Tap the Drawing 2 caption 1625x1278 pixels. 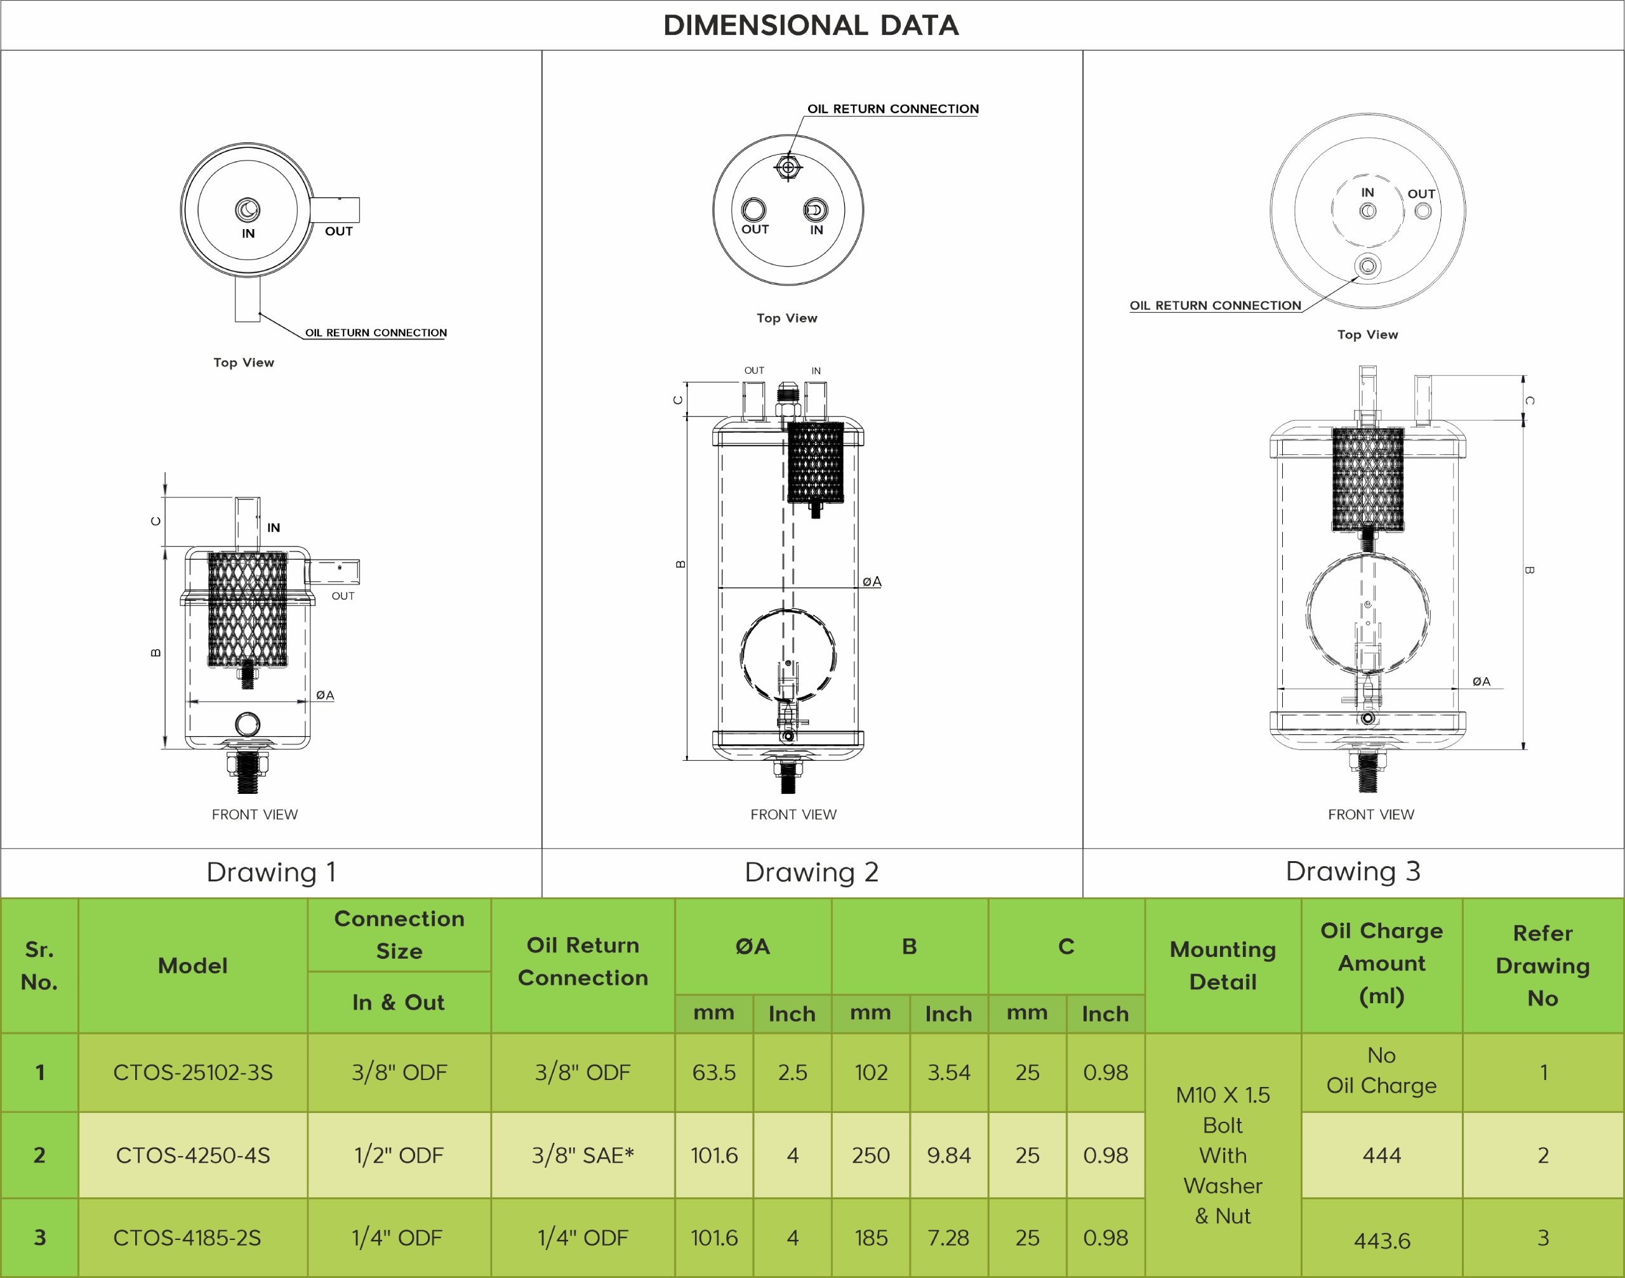811,873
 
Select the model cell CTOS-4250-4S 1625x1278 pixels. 192,1156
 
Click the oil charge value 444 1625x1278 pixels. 1381,1156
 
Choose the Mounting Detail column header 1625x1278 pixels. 1223,965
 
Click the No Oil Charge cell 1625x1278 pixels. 1381,1070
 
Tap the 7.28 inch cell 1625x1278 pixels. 948,1239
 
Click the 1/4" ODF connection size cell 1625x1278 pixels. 397,1239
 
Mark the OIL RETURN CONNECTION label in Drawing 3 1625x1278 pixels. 1215,305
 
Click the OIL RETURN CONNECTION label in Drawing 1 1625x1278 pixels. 376,333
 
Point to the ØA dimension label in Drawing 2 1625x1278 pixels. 872,581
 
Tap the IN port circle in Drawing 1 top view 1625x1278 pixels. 248,209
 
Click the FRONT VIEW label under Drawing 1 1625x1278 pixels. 255,814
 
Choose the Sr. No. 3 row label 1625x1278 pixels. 39,1239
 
